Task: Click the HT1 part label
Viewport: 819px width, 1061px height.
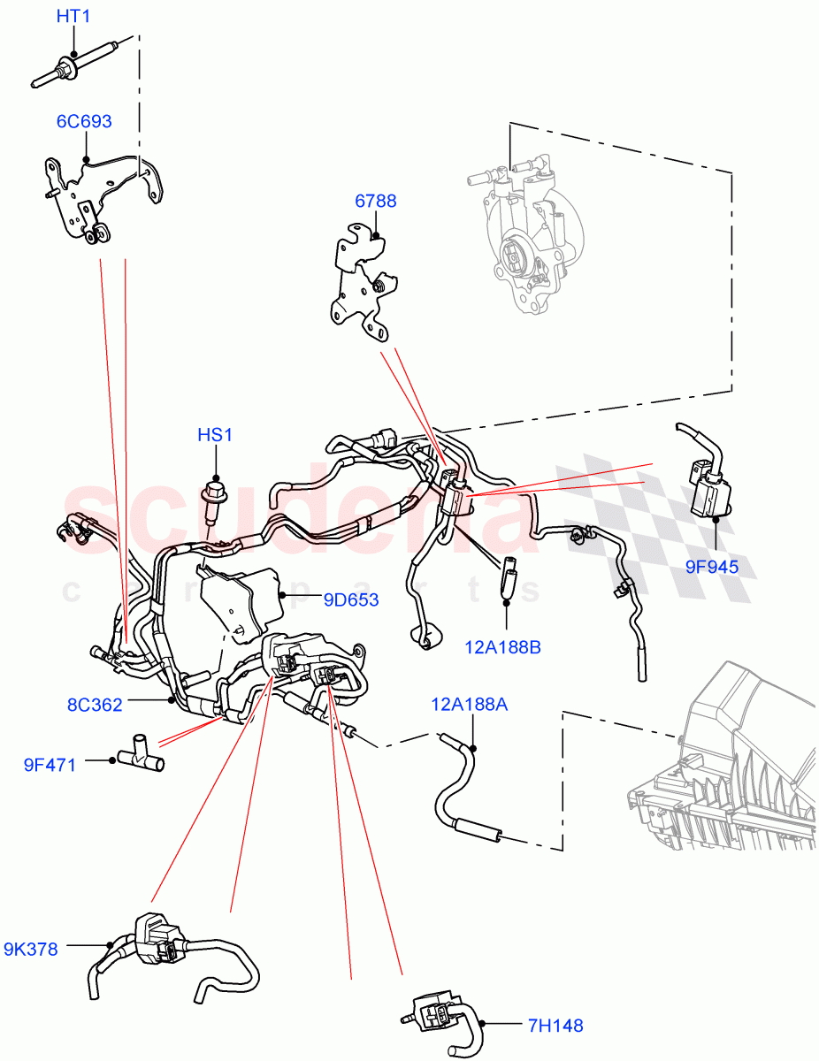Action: click(73, 16)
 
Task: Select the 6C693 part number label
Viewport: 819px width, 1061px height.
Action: click(84, 121)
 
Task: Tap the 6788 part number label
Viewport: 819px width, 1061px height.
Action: click(376, 201)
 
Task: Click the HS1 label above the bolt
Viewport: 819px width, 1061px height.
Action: click(215, 435)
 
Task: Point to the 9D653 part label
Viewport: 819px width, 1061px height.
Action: click(350, 600)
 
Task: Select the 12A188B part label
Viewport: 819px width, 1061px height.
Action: click(502, 648)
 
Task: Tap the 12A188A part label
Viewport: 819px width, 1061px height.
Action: click(470, 704)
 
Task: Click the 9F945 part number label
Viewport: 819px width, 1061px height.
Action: click(711, 566)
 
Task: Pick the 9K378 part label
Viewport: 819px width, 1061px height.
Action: click(31, 950)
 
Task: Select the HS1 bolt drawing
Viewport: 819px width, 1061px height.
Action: click(213, 501)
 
